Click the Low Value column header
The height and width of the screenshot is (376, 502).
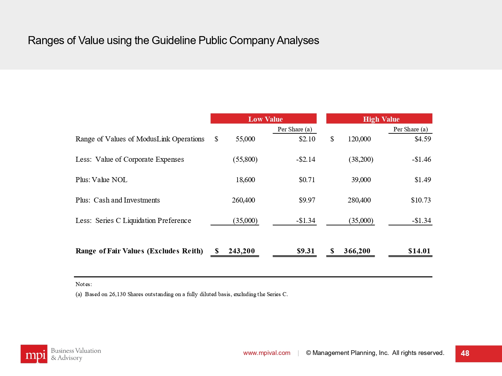265,119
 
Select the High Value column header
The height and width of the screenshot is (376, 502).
381,119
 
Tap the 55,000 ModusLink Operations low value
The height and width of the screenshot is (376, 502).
245,139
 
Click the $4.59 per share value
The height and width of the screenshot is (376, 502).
423,139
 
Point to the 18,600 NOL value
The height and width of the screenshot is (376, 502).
245,180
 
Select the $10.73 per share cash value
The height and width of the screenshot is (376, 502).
421,200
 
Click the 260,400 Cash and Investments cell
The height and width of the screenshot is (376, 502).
243,200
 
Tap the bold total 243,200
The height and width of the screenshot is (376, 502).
241,251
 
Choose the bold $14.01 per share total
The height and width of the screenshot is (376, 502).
419,251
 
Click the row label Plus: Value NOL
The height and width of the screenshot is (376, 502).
101,180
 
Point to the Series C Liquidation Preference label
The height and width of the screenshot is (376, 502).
143,221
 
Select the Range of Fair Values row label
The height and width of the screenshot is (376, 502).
139,251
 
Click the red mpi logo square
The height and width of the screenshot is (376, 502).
34,354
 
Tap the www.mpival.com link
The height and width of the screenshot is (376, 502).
267,353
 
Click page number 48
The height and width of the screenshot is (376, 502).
465,353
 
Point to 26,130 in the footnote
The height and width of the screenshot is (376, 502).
117,294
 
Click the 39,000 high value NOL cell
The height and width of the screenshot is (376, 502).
361,180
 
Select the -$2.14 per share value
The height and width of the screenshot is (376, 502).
306,159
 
